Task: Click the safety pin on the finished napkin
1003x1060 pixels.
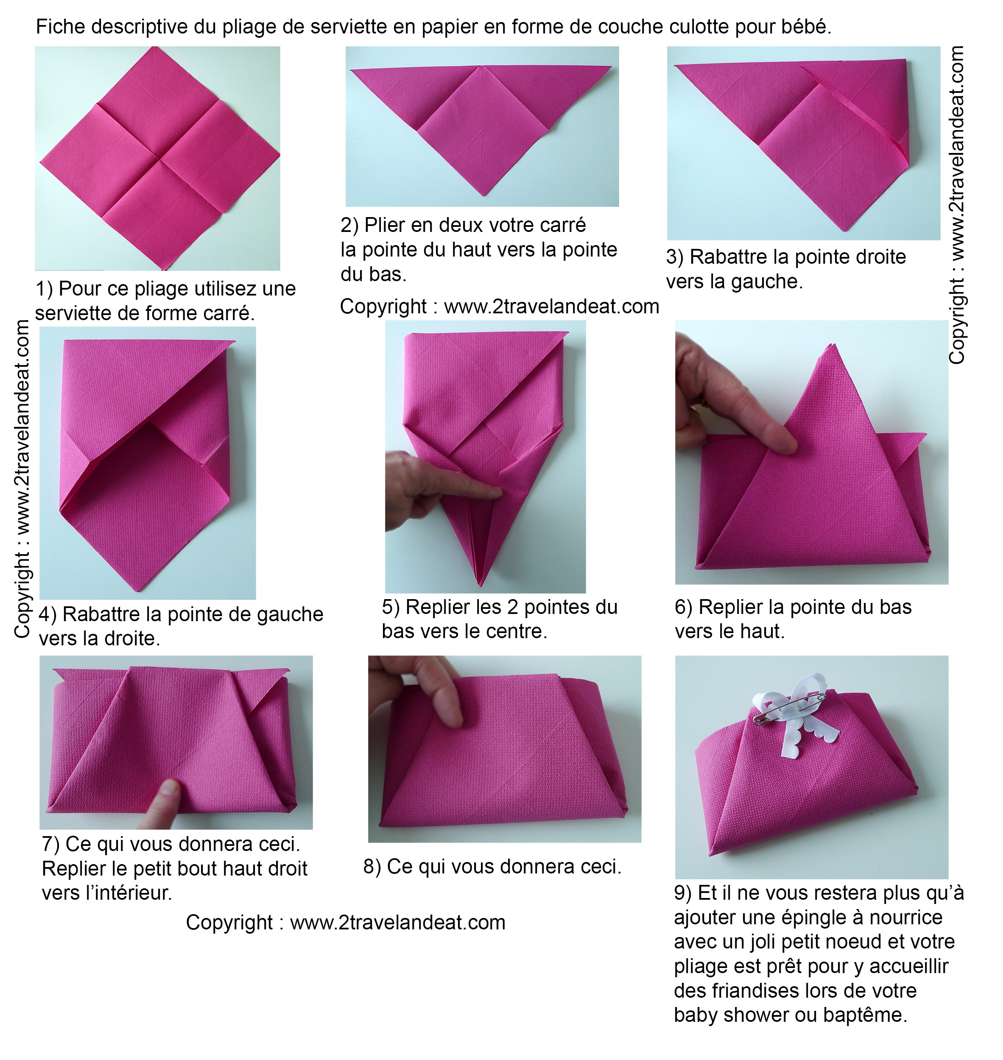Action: coord(790,707)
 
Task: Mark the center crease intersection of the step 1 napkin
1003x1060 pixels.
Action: coord(160,158)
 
